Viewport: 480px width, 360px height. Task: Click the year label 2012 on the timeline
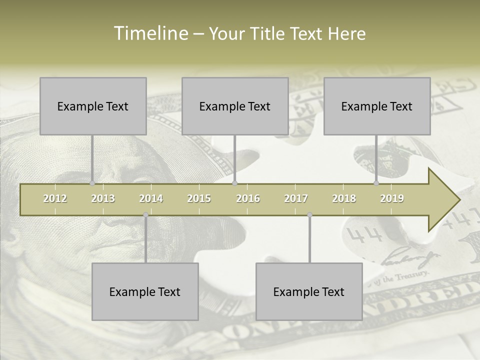click(x=55, y=198)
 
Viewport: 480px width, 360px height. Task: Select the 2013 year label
click(x=103, y=198)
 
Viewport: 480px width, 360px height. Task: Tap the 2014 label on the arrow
click(x=151, y=198)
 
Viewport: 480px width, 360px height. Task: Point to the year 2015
click(x=199, y=198)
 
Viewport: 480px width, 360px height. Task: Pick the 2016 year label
click(x=248, y=198)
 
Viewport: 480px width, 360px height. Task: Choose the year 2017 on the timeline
click(x=296, y=198)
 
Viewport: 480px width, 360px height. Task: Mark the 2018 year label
click(x=344, y=198)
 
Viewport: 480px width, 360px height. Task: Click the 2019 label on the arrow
click(x=392, y=198)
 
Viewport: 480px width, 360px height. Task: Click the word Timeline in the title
click(x=150, y=33)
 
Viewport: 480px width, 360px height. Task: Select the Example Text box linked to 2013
click(x=93, y=106)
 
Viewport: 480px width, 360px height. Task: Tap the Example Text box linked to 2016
click(x=235, y=106)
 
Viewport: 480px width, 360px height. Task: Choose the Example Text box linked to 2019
click(x=377, y=106)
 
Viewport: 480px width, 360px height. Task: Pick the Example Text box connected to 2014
click(x=145, y=291)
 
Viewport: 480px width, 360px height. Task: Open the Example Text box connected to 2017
click(x=309, y=291)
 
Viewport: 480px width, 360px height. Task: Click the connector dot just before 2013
click(x=92, y=183)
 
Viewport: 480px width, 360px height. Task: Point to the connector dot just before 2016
click(x=235, y=183)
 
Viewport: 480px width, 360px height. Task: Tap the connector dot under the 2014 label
click(x=145, y=215)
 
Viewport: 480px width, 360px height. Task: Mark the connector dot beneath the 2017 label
click(x=309, y=215)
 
